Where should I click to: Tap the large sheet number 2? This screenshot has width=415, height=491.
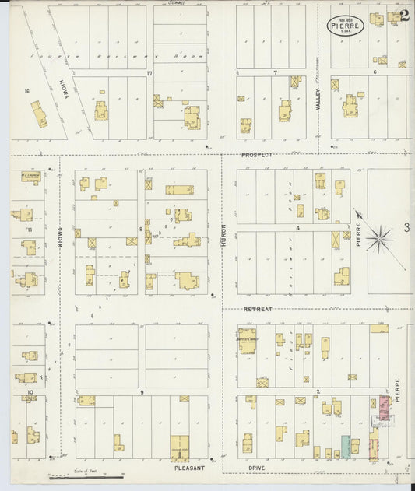[405, 16]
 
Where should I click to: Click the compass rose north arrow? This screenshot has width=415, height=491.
[378, 237]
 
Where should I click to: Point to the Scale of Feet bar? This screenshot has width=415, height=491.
[86, 472]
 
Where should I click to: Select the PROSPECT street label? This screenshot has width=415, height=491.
[256, 155]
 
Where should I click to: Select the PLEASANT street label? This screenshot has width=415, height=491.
[190, 468]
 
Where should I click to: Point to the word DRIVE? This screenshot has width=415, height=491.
[258, 468]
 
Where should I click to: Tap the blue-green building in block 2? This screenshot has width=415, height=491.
[346, 447]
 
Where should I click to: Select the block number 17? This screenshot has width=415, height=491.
[148, 74]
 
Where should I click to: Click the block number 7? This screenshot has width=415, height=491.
[275, 72]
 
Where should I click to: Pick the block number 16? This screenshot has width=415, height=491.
[26, 91]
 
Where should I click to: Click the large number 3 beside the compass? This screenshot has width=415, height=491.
[406, 227]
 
